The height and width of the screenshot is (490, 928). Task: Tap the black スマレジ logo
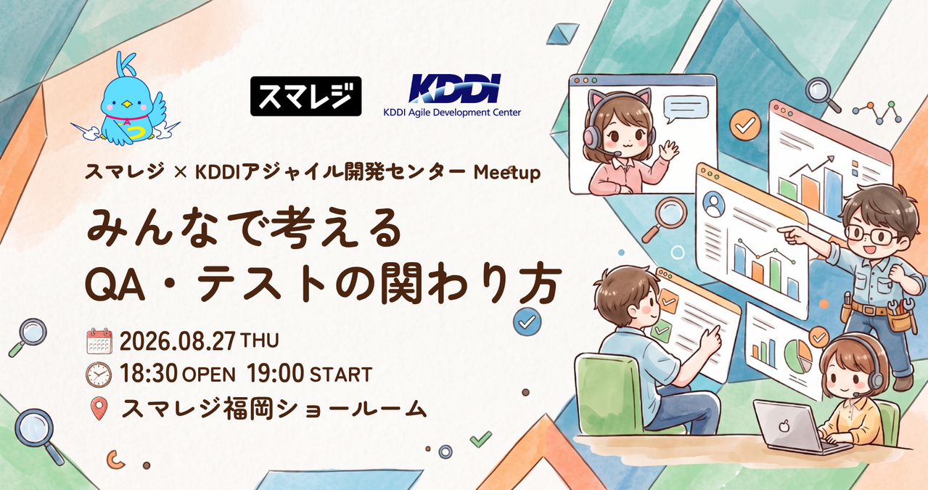pos(305,96)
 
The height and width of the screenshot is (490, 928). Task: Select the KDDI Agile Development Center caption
pos(452,113)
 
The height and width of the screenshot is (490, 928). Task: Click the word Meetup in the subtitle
pos(506,173)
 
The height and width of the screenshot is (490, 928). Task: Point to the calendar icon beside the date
pos(99,340)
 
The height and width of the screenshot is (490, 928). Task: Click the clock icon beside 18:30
pos(99,375)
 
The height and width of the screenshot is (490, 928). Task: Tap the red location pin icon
pos(99,409)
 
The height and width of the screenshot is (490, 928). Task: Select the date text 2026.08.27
pos(177,341)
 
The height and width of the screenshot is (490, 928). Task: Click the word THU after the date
pos(259,341)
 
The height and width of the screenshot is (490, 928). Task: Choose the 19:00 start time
pos(275,374)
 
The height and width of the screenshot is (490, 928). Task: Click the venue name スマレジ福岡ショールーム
pos(274,409)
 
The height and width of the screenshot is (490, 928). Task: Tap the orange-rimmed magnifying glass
pos(664,220)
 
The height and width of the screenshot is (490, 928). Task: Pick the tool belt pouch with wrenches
pos(900,317)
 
